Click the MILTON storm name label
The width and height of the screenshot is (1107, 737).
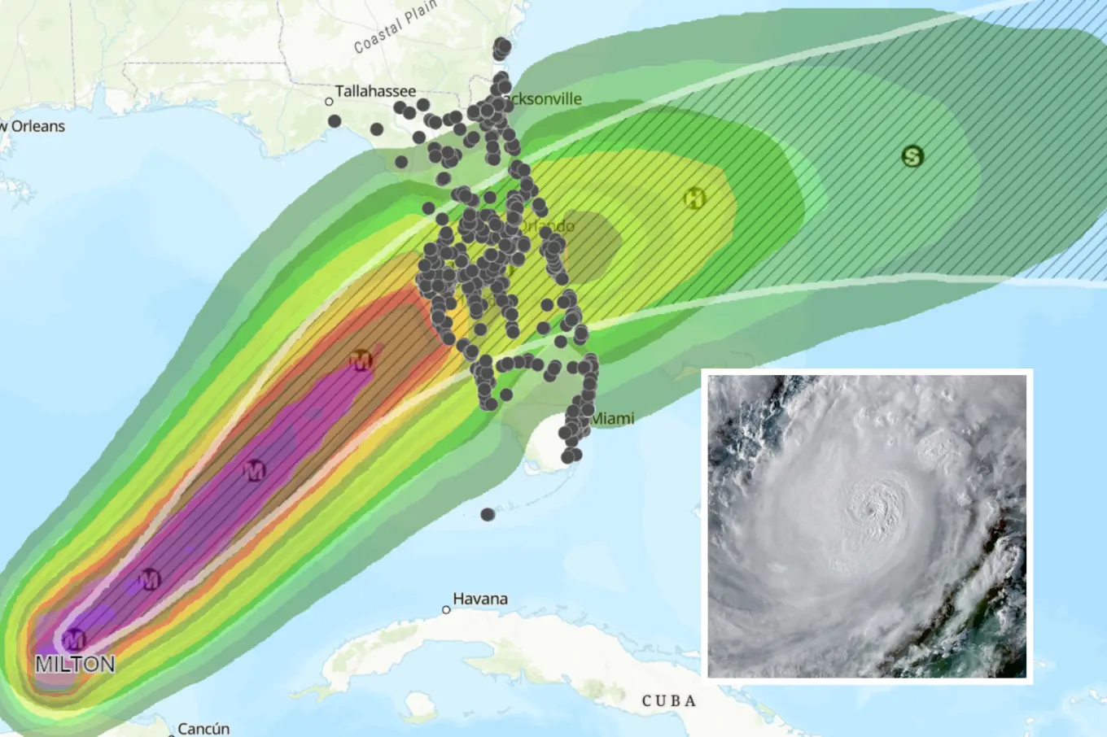tap(75, 664)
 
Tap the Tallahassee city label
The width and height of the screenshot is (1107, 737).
tap(375, 91)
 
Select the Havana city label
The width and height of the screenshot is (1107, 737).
tap(480, 599)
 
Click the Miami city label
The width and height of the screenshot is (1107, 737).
tap(612, 418)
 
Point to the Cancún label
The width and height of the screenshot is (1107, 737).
tap(203, 728)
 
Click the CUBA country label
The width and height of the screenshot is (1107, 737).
tap(669, 700)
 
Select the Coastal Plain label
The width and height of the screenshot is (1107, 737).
tap(395, 28)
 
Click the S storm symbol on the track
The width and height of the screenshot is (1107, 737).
tap(912, 156)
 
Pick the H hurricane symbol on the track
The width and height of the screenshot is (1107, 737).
tap(694, 198)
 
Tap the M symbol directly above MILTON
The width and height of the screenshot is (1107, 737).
tap(74, 639)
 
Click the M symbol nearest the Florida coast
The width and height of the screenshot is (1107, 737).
tap(361, 360)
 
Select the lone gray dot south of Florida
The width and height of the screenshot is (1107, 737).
tap(488, 514)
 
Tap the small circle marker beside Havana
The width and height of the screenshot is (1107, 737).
tap(446, 609)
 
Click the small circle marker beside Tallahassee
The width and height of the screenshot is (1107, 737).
tap(329, 102)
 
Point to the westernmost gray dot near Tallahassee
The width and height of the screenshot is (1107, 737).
tap(335, 121)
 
